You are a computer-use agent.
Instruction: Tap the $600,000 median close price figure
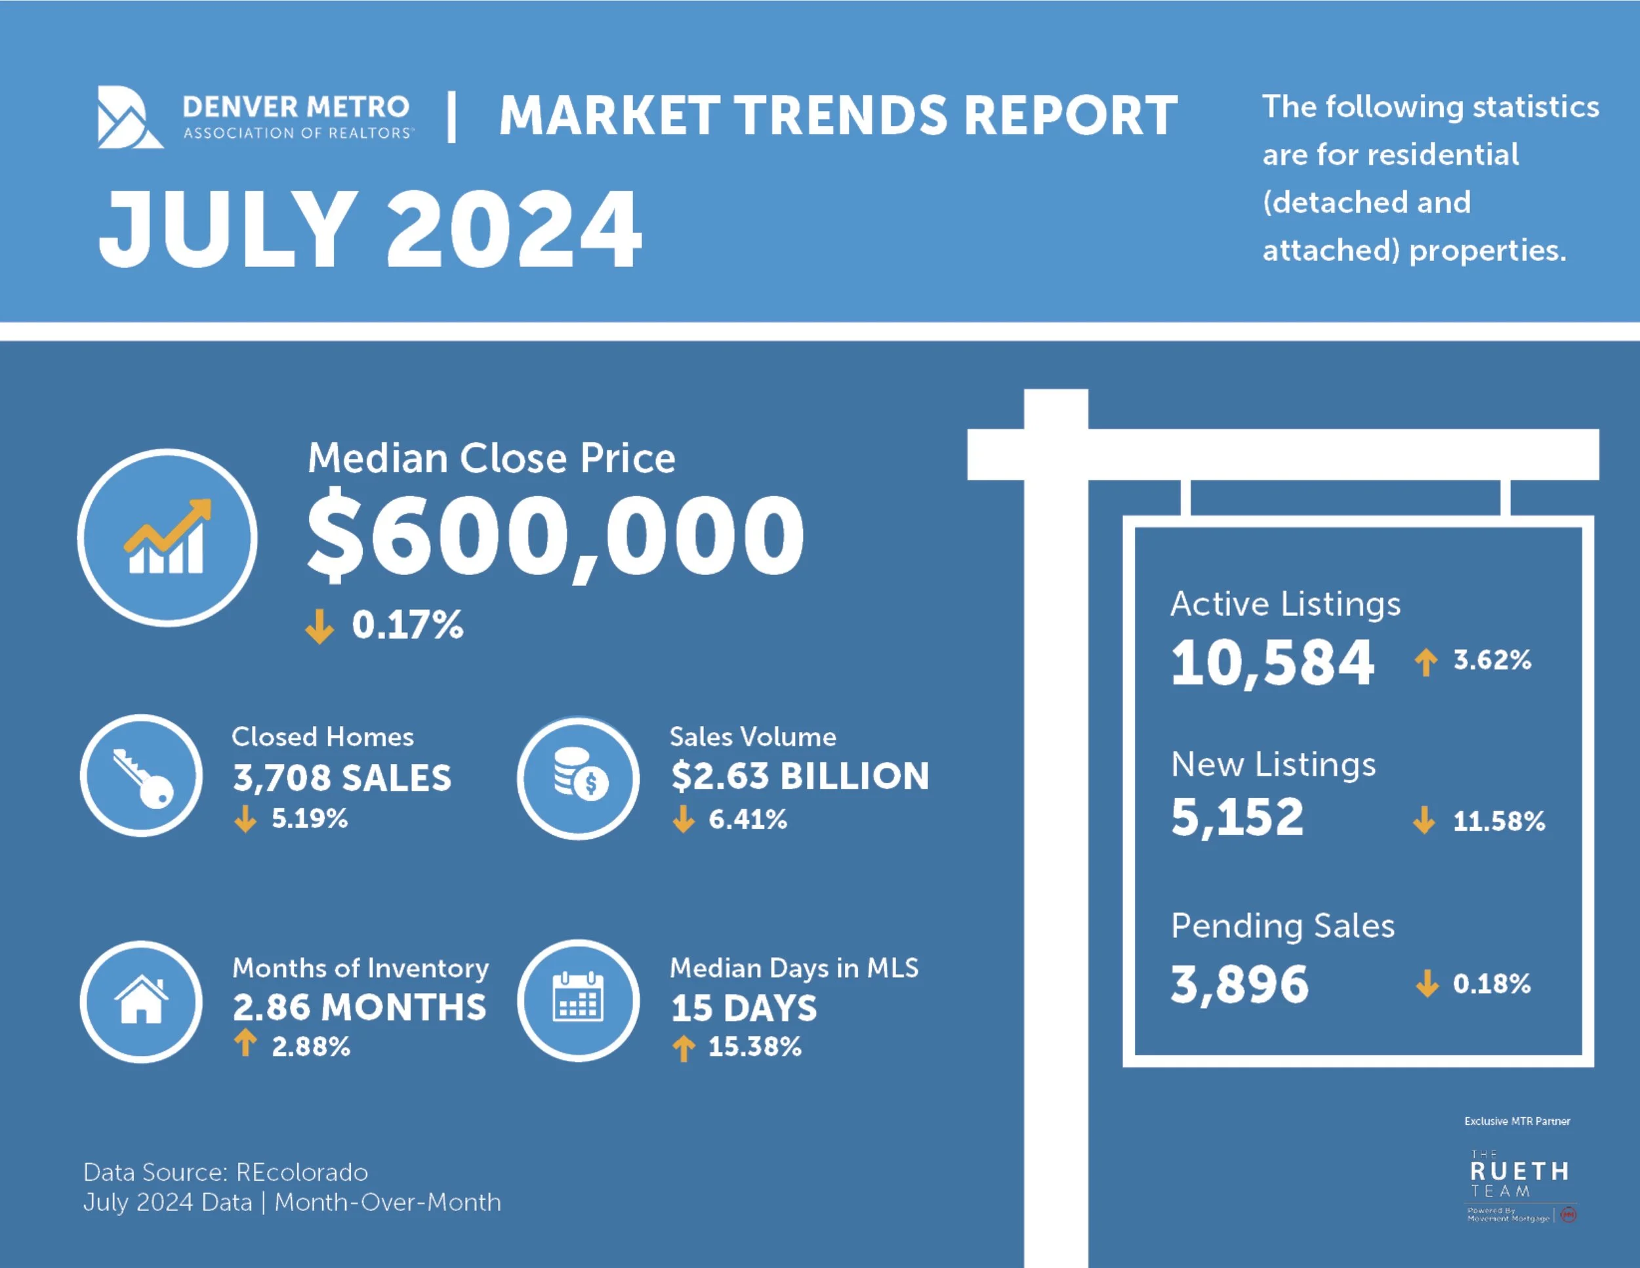tap(556, 535)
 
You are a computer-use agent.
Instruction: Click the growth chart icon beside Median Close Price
tap(167, 537)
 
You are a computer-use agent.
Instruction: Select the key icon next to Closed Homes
tap(141, 776)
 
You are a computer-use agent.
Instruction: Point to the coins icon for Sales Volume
tap(578, 778)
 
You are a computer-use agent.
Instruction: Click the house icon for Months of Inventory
tap(141, 1002)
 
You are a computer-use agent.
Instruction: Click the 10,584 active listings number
tap(1272, 662)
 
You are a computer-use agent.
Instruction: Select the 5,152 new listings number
tap(1237, 817)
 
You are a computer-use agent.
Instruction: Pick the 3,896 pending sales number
tap(1239, 984)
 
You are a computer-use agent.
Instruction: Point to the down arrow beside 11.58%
tap(1424, 820)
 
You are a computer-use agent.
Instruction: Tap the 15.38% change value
tap(754, 1046)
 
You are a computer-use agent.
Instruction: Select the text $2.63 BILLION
tap(800, 776)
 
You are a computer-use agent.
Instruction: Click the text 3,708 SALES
tap(342, 778)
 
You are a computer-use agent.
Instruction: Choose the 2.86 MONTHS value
tap(359, 1007)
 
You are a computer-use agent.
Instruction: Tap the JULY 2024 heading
tap(370, 228)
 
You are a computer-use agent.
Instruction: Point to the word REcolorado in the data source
tap(302, 1172)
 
